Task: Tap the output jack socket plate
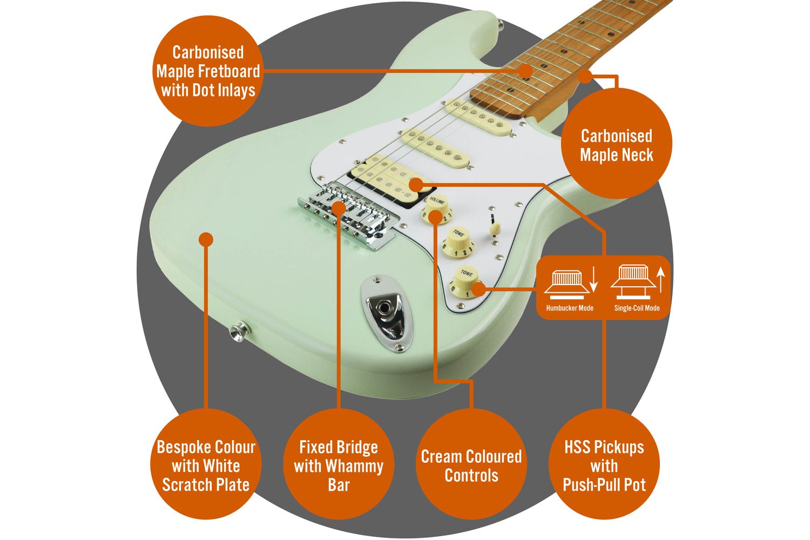[385, 312]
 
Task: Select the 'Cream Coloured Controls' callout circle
[471, 465]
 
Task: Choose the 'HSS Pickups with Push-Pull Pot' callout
[604, 465]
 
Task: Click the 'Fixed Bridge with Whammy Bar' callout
[339, 465]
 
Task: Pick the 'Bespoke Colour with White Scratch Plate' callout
[206, 465]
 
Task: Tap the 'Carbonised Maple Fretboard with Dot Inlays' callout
[208, 71]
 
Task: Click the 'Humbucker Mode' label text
[570, 308]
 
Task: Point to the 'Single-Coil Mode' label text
[637, 308]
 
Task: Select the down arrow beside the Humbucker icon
[594, 280]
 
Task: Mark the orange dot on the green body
[206, 239]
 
